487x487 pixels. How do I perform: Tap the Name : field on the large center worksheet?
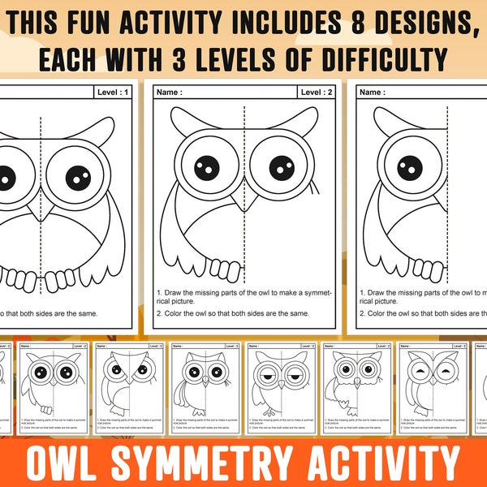click(x=171, y=93)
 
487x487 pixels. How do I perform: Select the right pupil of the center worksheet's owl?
click(x=282, y=168)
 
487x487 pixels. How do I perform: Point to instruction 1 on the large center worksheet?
click(x=243, y=295)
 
